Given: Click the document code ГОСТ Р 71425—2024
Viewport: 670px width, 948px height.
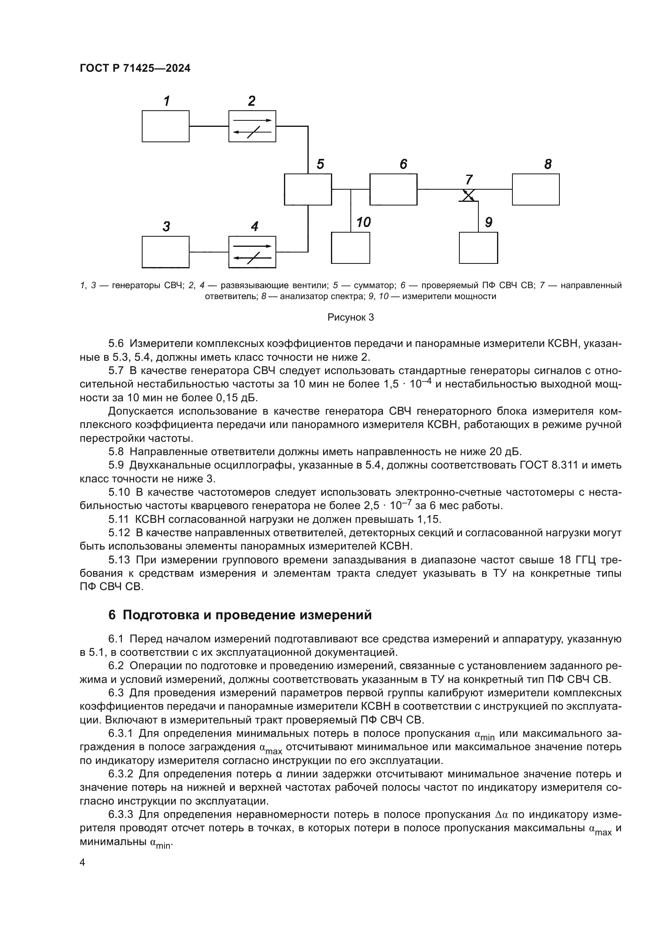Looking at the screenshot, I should pyautogui.click(x=135, y=68).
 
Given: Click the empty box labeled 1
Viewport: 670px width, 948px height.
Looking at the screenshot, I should pyautogui.click(x=165, y=126).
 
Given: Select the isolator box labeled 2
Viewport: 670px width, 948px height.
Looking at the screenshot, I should pyautogui.click(x=252, y=126).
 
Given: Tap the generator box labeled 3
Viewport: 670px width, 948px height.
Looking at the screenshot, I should pyautogui.click(x=165, y=252).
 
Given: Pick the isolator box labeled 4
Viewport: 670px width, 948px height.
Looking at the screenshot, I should pyautogui.click(x=252, y=252).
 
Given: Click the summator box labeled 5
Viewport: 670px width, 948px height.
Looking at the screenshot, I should pyautogui.click(x=308, y=189).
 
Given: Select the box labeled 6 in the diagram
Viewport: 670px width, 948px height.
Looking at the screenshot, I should pyautogui.click(x=393, y=189).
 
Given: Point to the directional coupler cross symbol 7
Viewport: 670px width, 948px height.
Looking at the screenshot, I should pyautogui.click(x=468, y=195).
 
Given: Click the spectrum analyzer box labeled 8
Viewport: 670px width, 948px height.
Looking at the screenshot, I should pyautogui.click(x=536, y=189).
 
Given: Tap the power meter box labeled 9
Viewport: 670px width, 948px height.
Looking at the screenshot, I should pyautogui.click(x=478, y=248).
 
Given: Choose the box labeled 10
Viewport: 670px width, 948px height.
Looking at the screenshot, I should pyautogui.click(x=350, y=248).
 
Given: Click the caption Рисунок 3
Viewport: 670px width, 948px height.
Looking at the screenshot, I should pyautogui.click(x=350, y=317).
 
